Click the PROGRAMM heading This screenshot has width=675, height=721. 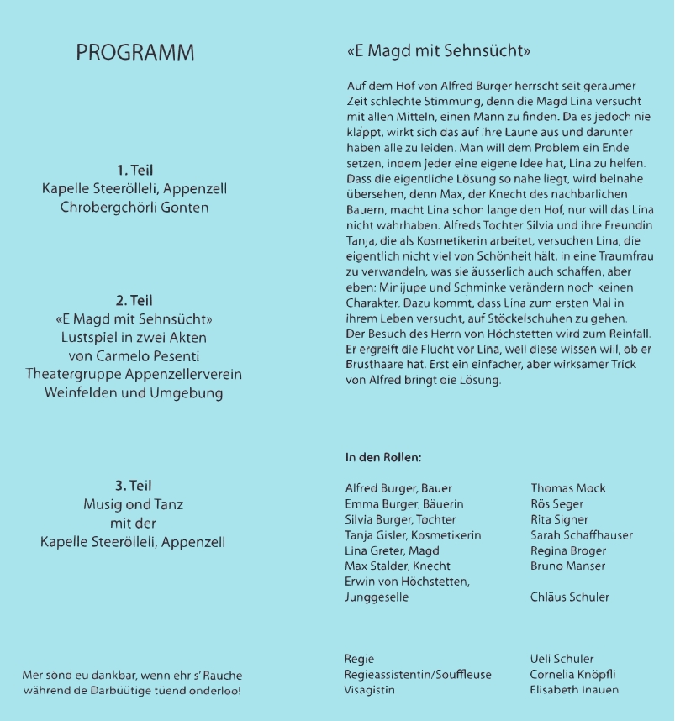(x=134, y=52)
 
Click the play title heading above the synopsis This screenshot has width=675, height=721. (x=438, y=51)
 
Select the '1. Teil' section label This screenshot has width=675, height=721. (x=134, y=170)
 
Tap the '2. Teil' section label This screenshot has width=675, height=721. (x=134, y=300)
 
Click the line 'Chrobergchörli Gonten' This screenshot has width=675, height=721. (x=134, y=207)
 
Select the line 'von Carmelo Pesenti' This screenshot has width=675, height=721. (x=134, y=355)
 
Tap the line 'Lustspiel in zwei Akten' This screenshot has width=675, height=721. (x=134, y=337)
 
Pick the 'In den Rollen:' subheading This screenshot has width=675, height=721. (x=382, y=458)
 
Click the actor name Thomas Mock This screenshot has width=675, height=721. (x=567, y=488)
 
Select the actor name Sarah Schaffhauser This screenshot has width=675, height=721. (x=581, y=535)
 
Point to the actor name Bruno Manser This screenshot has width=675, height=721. (x=567, y=566)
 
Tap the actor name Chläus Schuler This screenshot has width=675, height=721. (x=570, y=597)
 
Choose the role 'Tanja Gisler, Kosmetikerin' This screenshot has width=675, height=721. (x=413, y=535)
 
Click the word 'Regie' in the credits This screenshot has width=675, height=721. (x=360, y=659)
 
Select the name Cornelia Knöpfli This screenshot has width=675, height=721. (x=572, y=674)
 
